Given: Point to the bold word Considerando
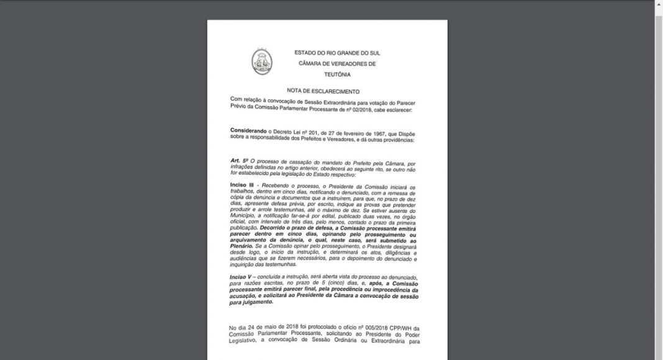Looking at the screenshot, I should (x=248, y=132).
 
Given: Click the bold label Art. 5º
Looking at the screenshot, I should (x=238, y=161).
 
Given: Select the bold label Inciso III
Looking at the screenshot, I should (x=242, y=187).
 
